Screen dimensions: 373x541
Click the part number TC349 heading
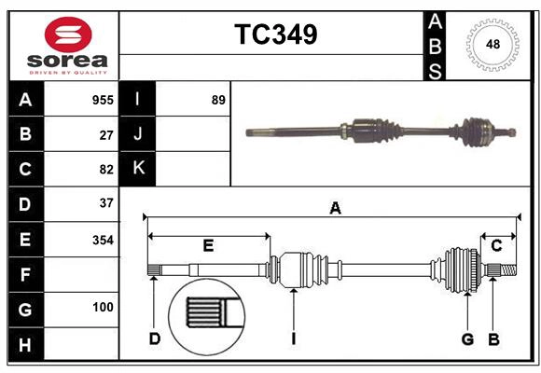coord(275,35)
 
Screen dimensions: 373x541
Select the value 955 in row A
coord(102,100)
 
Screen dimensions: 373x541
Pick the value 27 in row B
coord(106,134)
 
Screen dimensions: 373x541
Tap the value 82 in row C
coord(106,169)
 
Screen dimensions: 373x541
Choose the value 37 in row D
coord(106,202)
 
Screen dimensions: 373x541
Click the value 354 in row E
coord(103,240)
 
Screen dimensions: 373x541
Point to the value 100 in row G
coord(103,307)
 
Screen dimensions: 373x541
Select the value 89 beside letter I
coord(218,100)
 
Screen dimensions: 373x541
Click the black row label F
coord(25,275)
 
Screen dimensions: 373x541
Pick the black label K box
coord(138,169)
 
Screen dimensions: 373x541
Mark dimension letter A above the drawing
coord(335,209)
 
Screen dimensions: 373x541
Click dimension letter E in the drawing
coord(208,246)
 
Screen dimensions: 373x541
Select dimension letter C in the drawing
coord(497,245)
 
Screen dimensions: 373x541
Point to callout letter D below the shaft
coord(154,338)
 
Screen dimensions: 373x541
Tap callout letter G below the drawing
coord(468,338)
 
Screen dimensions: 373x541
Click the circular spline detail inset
coord(204,311)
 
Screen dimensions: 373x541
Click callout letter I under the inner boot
coord(293,338)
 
